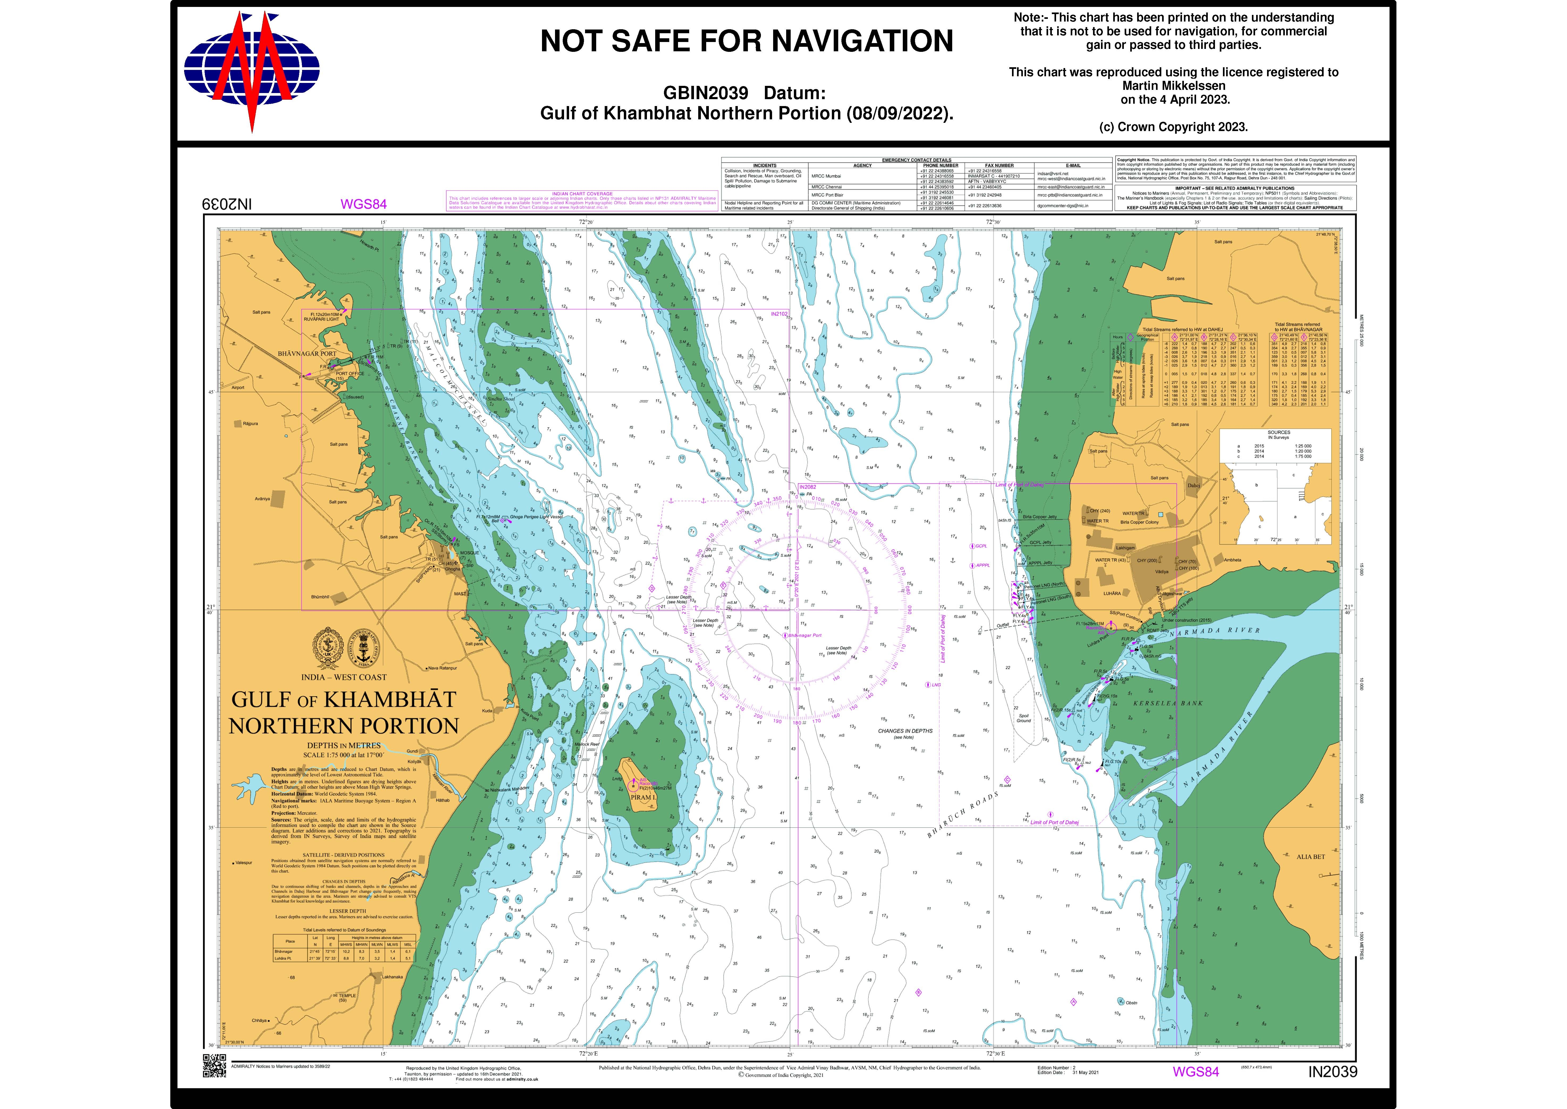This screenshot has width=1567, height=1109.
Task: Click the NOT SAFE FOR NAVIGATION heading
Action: point(747,41)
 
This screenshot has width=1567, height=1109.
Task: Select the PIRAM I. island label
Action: point(643,797)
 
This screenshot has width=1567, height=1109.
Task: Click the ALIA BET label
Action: point(1310,856)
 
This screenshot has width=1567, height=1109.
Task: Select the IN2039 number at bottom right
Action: point(1332,1072)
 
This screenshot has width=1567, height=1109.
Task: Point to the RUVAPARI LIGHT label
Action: point(321,319)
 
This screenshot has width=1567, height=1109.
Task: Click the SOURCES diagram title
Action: point(1278,432)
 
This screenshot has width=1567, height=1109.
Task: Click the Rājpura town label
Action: point(251,423)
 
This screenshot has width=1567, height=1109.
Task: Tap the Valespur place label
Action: point(244,863)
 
